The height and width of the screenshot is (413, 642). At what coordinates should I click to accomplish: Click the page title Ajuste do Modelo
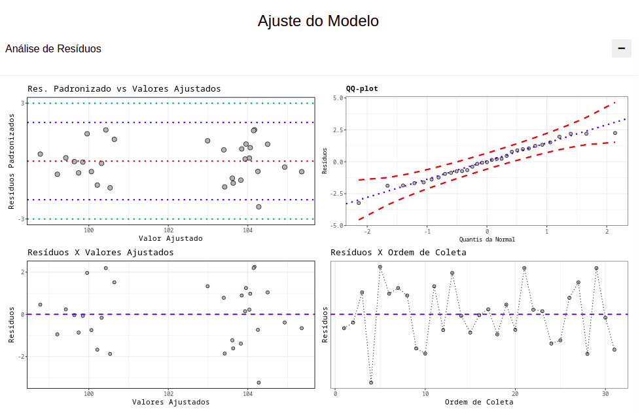pos(318,21)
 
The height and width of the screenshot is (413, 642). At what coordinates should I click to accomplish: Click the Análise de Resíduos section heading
pos(53,49)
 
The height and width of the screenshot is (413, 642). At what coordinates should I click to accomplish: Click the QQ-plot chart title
pos(362,88)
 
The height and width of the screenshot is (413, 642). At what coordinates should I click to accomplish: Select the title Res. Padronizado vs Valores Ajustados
pos(124,88)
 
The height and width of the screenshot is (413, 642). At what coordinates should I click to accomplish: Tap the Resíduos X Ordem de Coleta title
pos(399,252)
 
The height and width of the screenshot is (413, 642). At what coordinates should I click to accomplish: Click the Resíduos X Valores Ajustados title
pos(100,252)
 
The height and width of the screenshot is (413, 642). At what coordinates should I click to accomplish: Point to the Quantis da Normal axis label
pos(487,240)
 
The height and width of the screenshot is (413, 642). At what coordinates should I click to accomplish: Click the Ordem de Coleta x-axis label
pos(479,402)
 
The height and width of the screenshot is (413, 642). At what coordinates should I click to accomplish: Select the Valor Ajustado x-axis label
pos(171,238)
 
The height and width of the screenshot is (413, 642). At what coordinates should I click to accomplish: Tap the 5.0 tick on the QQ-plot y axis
pos(338,98)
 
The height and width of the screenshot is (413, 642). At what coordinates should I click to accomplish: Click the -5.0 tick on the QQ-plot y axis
pos(336,225)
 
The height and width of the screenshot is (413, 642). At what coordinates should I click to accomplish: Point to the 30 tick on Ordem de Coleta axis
pos(605,393)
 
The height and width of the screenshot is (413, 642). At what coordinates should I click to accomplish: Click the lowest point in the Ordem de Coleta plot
pos(371,382)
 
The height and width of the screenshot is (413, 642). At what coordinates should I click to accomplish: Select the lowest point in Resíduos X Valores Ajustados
pos(259,382)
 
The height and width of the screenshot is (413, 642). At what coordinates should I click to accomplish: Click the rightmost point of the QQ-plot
pos(615,133)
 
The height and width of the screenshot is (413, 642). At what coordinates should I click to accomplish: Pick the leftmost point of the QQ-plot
pos(359,203)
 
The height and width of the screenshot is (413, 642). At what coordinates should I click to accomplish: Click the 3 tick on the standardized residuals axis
pos(22,103)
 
